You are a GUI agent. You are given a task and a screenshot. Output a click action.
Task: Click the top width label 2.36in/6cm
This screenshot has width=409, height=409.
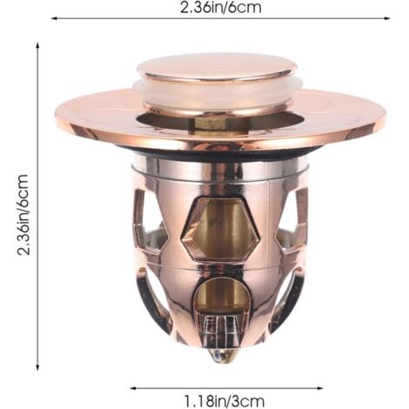pyautogui.click(x=221, y=7)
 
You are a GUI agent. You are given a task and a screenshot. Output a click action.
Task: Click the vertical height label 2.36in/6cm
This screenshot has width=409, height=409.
pyautogui.click(x=23, y=215)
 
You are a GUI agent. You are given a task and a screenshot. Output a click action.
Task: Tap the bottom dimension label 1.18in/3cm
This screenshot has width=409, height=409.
pyautogui.click(x=225, y=401)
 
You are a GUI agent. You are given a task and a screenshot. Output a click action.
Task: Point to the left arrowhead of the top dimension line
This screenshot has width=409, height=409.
pyautogui.click(x=54, y=18)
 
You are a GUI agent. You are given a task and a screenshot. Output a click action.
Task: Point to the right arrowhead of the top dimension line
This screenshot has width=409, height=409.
pyautogui.click(x=387, y=18)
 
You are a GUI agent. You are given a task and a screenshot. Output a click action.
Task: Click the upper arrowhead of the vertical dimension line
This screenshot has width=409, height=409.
pyautogui.click(x=37, y=45)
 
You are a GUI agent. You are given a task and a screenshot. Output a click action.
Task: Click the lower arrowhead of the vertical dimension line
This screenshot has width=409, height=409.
pyautogui.click(x=37, y=368)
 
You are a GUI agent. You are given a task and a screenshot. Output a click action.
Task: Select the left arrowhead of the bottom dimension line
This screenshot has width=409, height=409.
pyautogui.click(x=133, y=388)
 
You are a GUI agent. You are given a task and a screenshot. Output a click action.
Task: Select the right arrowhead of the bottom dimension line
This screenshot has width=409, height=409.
pyautogui.click(x=320, y=388)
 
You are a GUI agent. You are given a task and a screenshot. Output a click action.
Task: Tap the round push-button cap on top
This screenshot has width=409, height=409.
pyautogui.click(x=217, y=69)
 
